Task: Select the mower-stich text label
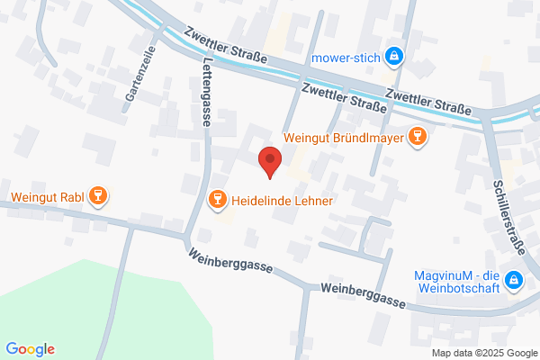(x=345, y=58)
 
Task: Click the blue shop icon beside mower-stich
(x=393, y=58)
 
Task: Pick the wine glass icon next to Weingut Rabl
(x=100, y=195)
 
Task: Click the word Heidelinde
(x=264, y=200)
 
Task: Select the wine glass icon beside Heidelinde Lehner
(x=216, y=199)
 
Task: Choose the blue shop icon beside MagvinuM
(x=515, y=281)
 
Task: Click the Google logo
(x=30, y=349)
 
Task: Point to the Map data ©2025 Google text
(x=481, y=352)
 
